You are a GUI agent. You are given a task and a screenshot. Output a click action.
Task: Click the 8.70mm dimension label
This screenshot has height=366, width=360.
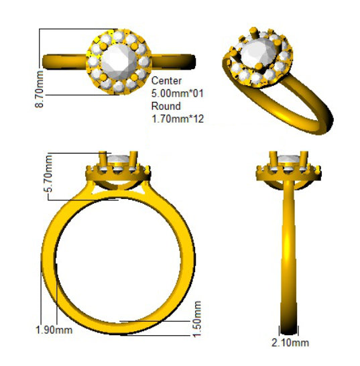coord(40,89)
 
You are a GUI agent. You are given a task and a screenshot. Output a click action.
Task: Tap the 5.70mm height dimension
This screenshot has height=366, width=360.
coord(48,174)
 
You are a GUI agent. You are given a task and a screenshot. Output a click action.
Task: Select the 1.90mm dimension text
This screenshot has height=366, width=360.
coord(54,330)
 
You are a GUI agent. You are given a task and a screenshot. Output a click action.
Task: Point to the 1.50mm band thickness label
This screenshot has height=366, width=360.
coord(196,319)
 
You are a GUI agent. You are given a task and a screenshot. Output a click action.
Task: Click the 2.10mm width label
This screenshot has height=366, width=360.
coord(290,343)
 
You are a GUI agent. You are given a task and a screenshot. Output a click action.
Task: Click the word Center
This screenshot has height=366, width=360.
coord(166,81)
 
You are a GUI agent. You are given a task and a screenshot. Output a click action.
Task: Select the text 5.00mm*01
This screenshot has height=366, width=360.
coord(178,93)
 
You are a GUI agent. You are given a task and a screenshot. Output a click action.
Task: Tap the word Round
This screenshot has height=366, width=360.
coord(166,106)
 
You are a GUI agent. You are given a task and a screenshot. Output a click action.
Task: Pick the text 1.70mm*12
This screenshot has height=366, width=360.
coord(178,119)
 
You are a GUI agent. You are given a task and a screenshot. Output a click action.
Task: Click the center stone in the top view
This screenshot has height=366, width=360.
coord(119,62)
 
